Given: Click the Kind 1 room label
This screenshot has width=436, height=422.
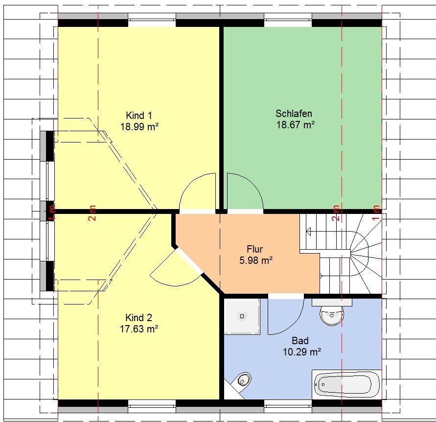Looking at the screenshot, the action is pos(139,116).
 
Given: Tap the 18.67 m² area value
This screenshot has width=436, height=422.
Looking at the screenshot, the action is pos(295,125).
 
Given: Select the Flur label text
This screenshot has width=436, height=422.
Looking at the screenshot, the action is pos(255,249).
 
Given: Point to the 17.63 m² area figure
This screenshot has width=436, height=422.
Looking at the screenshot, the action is pos(139,329).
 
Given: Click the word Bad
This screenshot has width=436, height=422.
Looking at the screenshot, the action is pos(300,341).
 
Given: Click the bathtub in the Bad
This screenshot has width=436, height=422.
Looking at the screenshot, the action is pos(346,384).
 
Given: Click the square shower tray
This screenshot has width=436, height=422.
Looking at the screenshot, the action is pos(242,316).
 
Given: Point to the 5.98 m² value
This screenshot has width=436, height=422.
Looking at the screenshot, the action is pos(256,260).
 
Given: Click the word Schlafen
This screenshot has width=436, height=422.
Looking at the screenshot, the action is pos(294,114).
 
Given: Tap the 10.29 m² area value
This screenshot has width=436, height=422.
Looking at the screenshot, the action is pos(302,352).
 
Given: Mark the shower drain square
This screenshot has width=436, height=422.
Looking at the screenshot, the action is pos(242,316).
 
